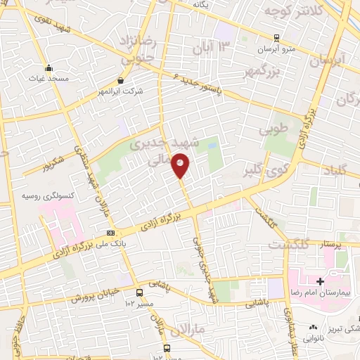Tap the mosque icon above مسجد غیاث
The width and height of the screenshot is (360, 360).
coord(49,68)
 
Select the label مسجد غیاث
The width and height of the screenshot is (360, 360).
coord(49,78)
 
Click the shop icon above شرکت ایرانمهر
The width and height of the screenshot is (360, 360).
coord(122,81)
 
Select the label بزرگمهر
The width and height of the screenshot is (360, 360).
coord(286,71)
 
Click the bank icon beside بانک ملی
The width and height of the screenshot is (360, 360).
coord(110,233)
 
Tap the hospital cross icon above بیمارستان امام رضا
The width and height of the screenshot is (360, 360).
coord(320,281)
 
